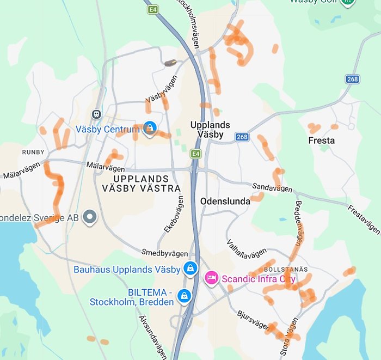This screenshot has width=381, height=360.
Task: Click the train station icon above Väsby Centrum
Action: pyautogui.click(x=96, y=114)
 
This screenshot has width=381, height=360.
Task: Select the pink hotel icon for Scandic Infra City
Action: pyautogui.click(x=211, y=278)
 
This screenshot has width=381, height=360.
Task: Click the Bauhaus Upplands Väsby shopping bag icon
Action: pyautogui.click(x=190, y=269)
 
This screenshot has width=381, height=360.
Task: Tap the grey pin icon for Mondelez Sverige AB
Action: pyautogui.click(x=89, y=217)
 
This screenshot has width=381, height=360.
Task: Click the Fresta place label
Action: pyautogui.click(x=321, y=141)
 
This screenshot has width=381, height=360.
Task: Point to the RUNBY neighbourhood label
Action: pyautogui.click(x=34, y=152)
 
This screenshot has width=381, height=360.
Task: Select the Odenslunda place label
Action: pyautogui.click(x=225, y=201)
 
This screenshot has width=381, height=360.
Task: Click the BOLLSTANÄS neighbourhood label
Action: pyautogui.click(x=286, y=270)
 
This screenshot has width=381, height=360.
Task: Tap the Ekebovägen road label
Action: pyautogui.click(x=174, y=215)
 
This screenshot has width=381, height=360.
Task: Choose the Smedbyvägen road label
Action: pyautogui.click(x=164, y=253)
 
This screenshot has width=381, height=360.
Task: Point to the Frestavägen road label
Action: pyautogui.click(x=364, y=219)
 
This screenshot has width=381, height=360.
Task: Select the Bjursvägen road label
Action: pyautogui.click(x=253, y=320)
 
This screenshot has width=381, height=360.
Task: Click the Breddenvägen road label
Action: pyautogui.click(x=299, y=223)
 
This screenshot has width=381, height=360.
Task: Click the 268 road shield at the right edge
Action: pyautogui.click(x=353, y=79)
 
